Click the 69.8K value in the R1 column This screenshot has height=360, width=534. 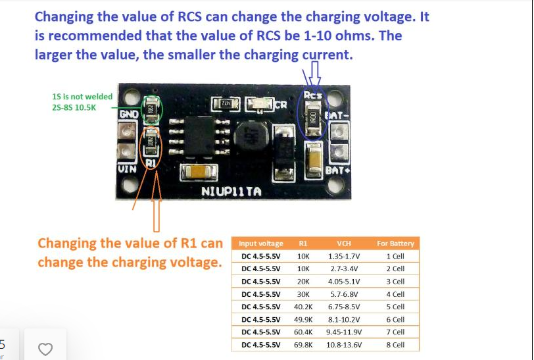coord(303,345)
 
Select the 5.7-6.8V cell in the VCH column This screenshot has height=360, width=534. coord(344,294)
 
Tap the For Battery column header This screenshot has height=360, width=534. coord(395,244)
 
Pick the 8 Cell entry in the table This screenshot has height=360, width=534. coord(395,345)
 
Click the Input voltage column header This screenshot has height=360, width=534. coord(261,244)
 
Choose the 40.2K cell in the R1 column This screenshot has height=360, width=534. coord(303,307)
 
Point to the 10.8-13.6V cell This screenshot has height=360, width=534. coord(344,345)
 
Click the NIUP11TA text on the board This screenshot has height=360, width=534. coord(231,192)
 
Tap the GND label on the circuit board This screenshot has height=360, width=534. coord(128,114)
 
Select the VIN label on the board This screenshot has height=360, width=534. coord(128,169)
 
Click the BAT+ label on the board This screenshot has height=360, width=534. coord(336,172)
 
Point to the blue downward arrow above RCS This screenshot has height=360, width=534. coord(316,72)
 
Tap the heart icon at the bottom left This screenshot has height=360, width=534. coord(45,349)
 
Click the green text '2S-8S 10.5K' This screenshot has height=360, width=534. coord(74,108)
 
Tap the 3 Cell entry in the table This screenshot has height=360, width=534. coord(395,282)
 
